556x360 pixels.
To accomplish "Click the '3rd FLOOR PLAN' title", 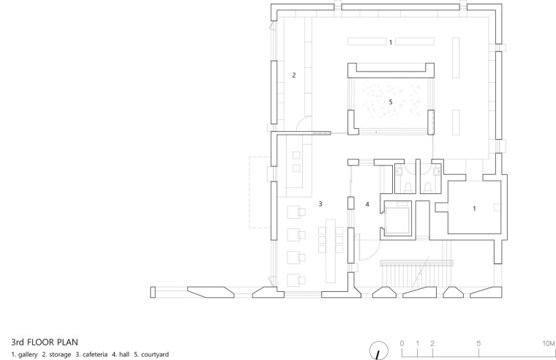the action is tap(45, 342).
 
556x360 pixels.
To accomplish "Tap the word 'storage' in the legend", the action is tap(60, 354).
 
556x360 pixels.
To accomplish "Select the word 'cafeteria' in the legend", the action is tap(94, 354).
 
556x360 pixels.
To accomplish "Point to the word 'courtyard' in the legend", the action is tap(155, 354).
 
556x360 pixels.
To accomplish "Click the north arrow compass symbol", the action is tap(379, 351).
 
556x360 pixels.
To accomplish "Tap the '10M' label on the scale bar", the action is tap(548, 343).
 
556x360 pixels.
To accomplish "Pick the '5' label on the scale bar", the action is tap(478, 343).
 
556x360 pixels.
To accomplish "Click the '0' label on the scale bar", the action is tap(402, 343).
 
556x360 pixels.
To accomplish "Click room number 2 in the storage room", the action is tap(294, 75).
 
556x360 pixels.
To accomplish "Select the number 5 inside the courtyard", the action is tap(391, 102).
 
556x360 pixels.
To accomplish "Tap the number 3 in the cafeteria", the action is tap(320, 204).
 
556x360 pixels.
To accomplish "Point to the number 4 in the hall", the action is tap(367, 204).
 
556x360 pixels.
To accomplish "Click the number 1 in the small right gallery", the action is tap(475, 209).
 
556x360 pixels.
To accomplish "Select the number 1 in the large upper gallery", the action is tap(391, 42).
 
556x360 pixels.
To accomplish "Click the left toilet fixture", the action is tap(408, 187).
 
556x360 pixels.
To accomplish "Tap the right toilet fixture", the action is tap(428, 187).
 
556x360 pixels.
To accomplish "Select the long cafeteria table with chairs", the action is tap(331, 250).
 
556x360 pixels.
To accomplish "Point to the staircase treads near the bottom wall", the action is tap(417, 275).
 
